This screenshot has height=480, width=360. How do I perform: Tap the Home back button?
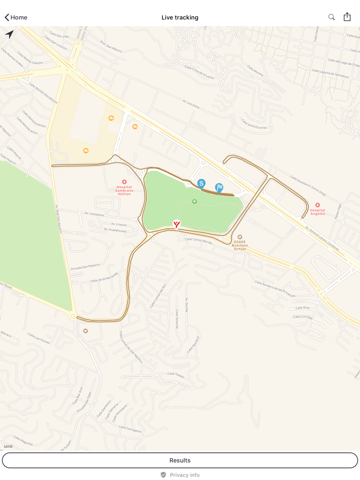click(16, 17)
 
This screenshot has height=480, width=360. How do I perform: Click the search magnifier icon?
click(332, 17)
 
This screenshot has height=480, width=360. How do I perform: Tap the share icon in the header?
click(347, 17)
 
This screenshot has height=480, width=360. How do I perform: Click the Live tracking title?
click(180, 17)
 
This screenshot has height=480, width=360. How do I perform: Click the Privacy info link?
click(180, 475)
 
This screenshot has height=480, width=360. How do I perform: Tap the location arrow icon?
click(9, 34)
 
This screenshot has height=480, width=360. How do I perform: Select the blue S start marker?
click(201, 183)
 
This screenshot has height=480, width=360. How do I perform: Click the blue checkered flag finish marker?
click(219, 188)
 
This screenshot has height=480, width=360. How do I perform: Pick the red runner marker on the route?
click(176, 224)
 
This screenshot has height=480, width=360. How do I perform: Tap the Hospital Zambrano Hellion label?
click(124, 190)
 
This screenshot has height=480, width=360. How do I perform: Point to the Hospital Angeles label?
click(317, 211)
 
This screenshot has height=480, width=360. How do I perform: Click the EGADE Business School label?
click(240, 245)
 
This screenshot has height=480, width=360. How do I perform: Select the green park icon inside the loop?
click(194, 201)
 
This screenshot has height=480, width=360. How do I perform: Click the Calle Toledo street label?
click(175, 375)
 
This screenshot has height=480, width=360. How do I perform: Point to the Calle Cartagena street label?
click(130, 429)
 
